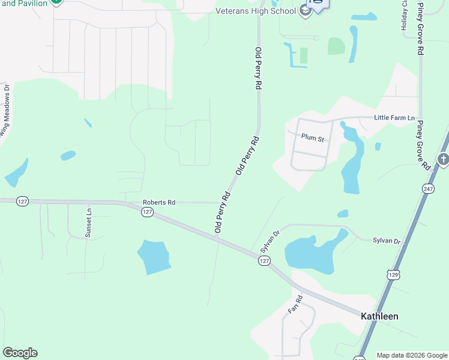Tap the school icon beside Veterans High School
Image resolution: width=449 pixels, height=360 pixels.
305,11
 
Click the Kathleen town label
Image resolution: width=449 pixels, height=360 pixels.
379,316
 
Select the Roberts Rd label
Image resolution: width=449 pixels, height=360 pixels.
159,203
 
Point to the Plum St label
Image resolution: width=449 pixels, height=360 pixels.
313,139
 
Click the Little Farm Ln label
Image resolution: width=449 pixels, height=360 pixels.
394,118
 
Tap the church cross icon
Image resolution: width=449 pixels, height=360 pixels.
443,160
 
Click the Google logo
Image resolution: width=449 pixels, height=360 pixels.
20,353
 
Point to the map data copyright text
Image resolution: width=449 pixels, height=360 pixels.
412,355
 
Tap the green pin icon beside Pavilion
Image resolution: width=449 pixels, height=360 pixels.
56,2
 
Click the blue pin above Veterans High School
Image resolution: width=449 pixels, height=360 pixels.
316,5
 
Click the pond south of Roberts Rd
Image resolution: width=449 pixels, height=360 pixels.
154,256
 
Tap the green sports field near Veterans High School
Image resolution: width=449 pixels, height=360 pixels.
336,46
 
